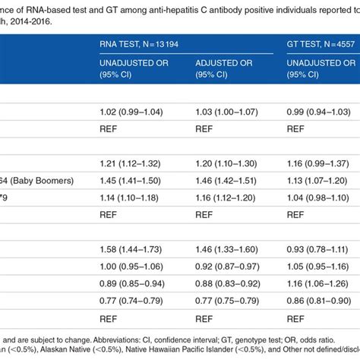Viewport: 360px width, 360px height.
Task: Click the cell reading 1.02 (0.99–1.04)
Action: (x=134, y=112)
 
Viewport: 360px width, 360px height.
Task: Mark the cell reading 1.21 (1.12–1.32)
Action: (x=134, y=163)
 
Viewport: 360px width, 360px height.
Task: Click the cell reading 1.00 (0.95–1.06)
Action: (x=134, y=267)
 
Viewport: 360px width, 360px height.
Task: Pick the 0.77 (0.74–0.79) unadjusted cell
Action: (x=134, y=300)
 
